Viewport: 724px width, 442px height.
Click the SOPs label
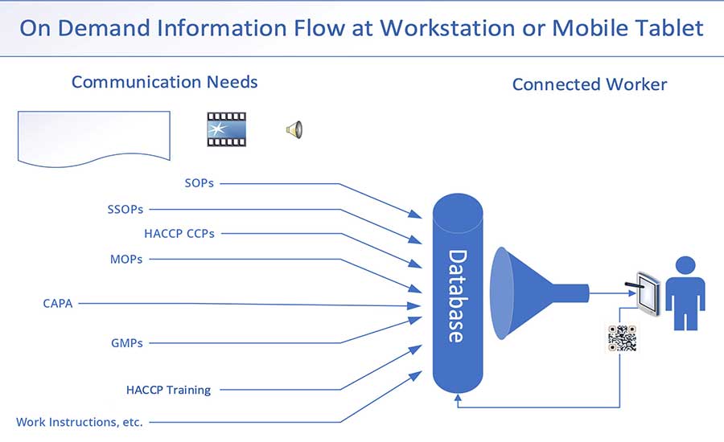199,183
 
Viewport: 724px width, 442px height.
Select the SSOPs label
125,210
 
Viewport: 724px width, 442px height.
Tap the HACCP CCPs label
179,234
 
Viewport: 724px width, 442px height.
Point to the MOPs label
126,260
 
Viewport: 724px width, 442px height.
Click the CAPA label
58,304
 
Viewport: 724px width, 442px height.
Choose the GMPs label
126,343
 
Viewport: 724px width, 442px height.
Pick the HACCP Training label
168,390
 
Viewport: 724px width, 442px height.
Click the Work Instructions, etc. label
80,422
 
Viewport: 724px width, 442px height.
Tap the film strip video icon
226,129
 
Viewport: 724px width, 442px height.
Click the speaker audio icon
294,129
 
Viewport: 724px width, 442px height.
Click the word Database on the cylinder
457,296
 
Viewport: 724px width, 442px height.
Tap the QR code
622,338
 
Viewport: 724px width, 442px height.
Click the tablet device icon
648,294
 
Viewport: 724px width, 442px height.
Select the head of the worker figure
685,266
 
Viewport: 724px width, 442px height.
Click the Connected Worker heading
590,84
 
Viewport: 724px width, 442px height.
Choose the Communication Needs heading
164,82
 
